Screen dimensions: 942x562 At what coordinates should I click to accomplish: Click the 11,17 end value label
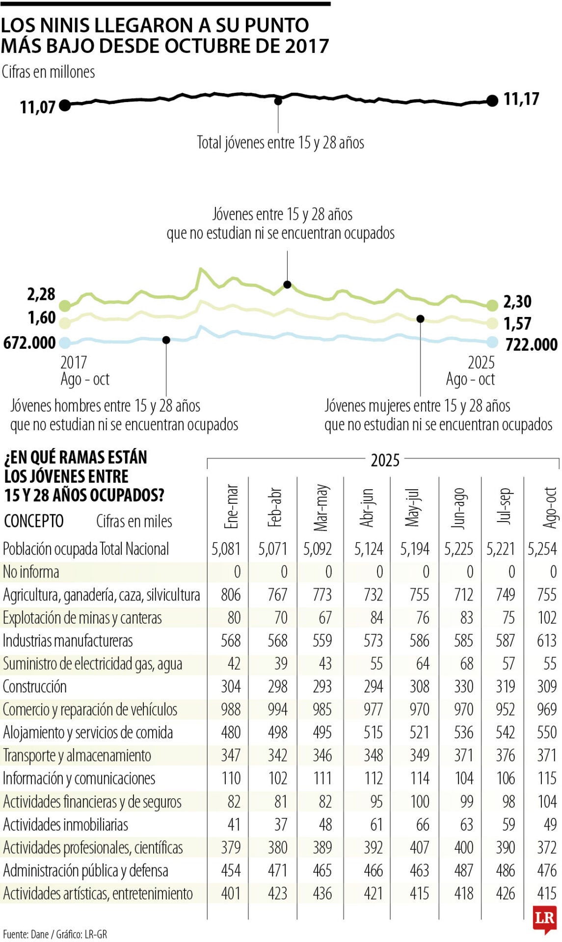[521, 99]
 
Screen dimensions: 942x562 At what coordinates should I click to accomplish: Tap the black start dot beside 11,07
[65, 105]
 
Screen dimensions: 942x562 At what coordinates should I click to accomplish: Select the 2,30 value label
[517, 302]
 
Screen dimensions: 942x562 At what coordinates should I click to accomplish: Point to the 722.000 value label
[531, 344]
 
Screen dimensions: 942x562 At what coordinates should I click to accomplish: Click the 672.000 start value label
[29, 342]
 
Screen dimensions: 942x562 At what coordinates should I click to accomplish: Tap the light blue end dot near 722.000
[492, 342]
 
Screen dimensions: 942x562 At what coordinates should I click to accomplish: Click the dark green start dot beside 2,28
[65, 306]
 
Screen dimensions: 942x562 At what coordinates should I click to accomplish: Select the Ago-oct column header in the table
[550, 507]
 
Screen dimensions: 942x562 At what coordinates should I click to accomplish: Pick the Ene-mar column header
[231, 506]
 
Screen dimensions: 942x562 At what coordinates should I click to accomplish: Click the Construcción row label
[35, 686]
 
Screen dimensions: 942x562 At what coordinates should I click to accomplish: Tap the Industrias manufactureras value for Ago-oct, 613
[546, 641]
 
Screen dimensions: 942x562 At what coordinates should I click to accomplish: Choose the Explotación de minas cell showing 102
[546, 618]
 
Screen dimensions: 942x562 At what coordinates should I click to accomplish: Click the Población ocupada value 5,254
[542, 549]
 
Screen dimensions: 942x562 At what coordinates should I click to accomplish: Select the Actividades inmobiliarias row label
[66, 825]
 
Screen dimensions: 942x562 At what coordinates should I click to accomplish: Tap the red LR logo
[544, 918]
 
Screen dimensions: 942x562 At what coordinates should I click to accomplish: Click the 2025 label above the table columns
[385, 460]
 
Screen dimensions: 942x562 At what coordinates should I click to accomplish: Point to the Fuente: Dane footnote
[55, 934]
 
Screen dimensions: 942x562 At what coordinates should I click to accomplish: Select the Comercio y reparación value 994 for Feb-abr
[277, 709]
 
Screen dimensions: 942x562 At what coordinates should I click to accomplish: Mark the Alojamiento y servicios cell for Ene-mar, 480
[231, 733]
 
